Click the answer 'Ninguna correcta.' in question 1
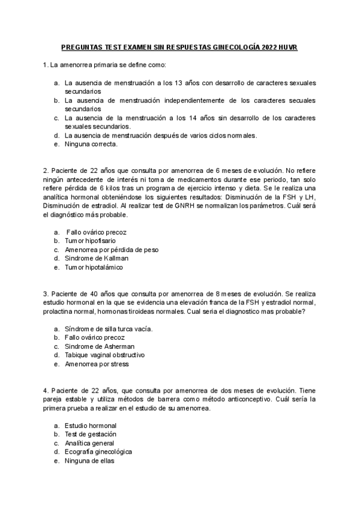91,144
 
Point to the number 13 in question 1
178,83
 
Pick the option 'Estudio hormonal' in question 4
91,426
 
